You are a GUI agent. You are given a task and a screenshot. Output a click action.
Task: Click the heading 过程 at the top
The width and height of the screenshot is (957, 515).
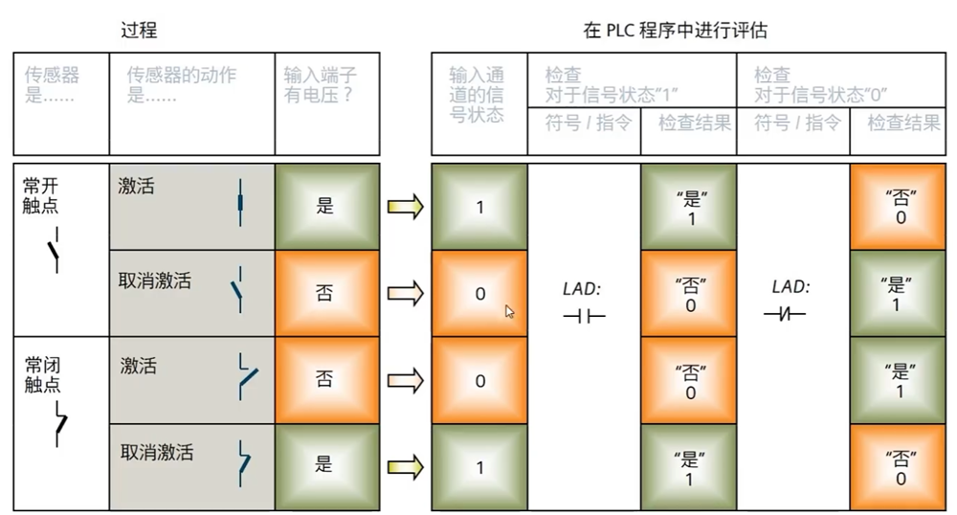(138, 30)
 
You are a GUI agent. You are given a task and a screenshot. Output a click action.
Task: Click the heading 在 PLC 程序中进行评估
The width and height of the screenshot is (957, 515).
(675, 30)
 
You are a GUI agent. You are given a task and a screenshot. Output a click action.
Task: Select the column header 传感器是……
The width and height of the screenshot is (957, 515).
(52, 85)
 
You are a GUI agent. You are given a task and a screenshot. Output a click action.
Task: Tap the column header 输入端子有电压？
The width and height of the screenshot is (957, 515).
(321, 85)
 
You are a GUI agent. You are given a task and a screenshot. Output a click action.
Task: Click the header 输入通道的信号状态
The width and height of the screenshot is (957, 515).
(477, 95)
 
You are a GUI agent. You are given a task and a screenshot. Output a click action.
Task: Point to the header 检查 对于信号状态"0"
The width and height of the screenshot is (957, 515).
(821, 84)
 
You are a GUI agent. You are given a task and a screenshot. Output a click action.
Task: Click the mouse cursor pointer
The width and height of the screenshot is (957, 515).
(510, 311)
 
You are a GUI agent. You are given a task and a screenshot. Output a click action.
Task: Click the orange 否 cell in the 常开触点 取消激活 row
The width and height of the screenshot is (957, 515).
(324, 293)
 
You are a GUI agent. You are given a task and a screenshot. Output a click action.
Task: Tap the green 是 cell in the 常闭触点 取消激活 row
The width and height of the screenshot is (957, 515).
(324, 465)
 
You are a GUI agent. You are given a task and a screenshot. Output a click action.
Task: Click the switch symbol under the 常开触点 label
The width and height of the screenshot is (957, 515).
(55, 250)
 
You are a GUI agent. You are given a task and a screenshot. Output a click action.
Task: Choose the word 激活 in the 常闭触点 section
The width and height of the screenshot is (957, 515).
(139, 367)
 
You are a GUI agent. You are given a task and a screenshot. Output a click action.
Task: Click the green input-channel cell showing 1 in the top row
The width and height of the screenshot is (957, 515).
(479, 206)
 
